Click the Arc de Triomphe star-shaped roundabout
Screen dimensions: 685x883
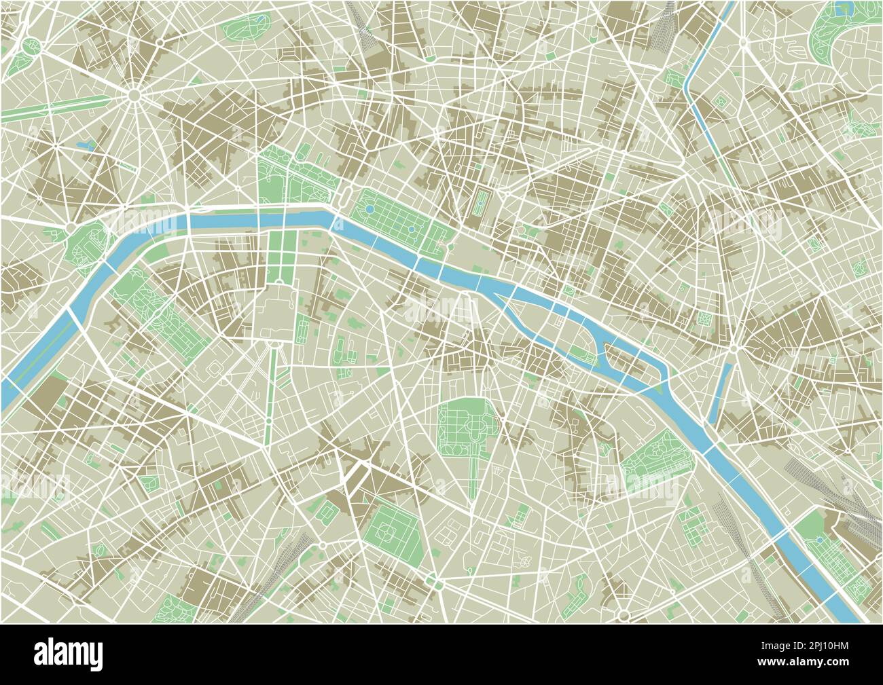pos(134,96)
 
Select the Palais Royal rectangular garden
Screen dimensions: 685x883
pos(482,202)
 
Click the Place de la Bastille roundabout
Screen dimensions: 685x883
pos(736,349)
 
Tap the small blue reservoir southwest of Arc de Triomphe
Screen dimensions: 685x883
pos(86,145)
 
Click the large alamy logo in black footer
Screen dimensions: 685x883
pos(75,654)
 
